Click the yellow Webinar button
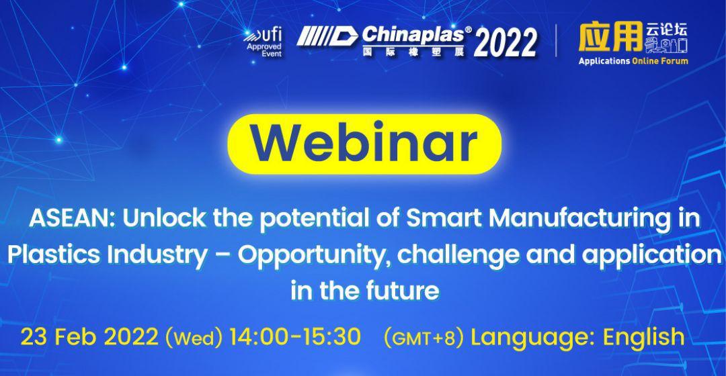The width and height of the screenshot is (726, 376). coord(364,144)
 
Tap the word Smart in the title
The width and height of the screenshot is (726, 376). coord(444,218)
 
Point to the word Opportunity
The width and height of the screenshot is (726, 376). coord(312,256)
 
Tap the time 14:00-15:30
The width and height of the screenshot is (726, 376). coord(295,336)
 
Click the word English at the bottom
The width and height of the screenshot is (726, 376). coord(643,337)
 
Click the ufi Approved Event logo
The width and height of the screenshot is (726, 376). coord(263,42)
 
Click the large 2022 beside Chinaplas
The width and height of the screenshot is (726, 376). coord(505,42)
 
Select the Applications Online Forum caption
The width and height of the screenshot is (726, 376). coord(633,61)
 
